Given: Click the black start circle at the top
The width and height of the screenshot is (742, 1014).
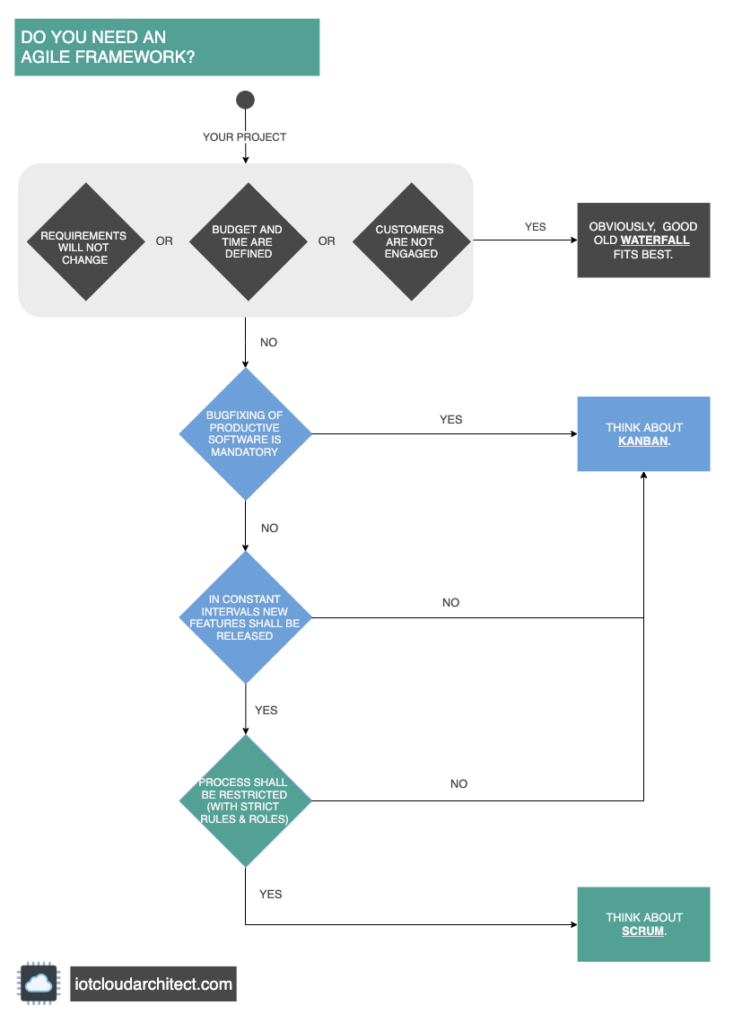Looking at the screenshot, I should [245, 100].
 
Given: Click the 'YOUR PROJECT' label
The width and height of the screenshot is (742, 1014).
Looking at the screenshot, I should [245, 137].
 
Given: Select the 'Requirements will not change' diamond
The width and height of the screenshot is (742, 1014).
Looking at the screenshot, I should [84, 242].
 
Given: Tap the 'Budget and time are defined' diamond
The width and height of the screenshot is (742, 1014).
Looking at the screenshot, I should [247, 241].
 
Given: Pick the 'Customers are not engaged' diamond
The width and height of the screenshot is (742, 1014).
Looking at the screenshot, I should [409, 241].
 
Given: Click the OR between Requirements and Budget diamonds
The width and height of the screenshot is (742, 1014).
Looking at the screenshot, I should [164, 241].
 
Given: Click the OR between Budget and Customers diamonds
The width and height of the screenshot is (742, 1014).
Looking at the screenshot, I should [327, 241].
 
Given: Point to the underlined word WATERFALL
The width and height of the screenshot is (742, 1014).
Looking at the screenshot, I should [654, 240].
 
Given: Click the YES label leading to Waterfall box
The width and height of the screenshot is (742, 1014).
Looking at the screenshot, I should [535, 227].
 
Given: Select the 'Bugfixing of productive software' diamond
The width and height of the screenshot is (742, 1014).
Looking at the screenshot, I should [245, 434].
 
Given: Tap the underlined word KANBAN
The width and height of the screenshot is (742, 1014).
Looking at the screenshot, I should [642, 441].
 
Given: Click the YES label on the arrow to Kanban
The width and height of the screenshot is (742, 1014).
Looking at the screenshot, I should [450, 419].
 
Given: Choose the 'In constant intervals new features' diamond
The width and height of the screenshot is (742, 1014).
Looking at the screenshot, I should [245, 617].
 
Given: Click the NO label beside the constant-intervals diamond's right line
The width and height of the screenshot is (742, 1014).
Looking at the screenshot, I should [450, 603].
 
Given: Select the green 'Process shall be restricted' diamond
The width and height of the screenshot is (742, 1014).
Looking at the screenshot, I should [245, 800].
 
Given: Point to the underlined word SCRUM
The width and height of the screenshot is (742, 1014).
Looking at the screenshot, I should [642, 931].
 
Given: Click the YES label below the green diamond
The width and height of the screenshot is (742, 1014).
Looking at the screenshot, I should [270, 895].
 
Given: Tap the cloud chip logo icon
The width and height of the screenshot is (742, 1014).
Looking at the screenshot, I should [39, 983].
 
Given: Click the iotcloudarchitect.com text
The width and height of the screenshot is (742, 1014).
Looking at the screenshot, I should [153, 983].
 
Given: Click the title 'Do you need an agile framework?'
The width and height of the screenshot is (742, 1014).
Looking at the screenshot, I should [108, 48].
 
